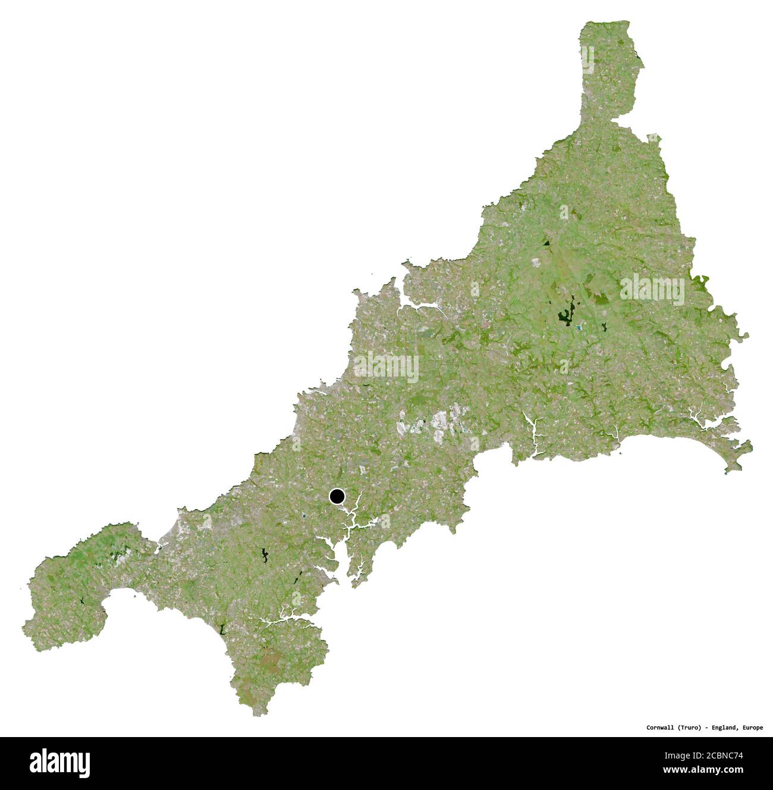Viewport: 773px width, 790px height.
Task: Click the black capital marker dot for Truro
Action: click(x=337, y=496)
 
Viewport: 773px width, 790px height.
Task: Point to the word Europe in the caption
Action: click(x=752, y=728)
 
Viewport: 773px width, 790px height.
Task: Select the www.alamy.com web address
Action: click(x=703, y=770)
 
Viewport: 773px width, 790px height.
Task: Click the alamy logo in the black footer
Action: click(x=59, y=763)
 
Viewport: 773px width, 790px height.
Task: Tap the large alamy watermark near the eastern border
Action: click(x=652, y=290)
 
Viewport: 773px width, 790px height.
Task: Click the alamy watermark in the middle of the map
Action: click(x=386, y=366)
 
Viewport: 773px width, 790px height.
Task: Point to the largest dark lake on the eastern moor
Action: click(x=564, y=314)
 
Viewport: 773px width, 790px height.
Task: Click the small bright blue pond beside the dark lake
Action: click(x=578, y=327)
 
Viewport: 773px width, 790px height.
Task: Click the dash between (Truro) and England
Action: click(x=708, y=728)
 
